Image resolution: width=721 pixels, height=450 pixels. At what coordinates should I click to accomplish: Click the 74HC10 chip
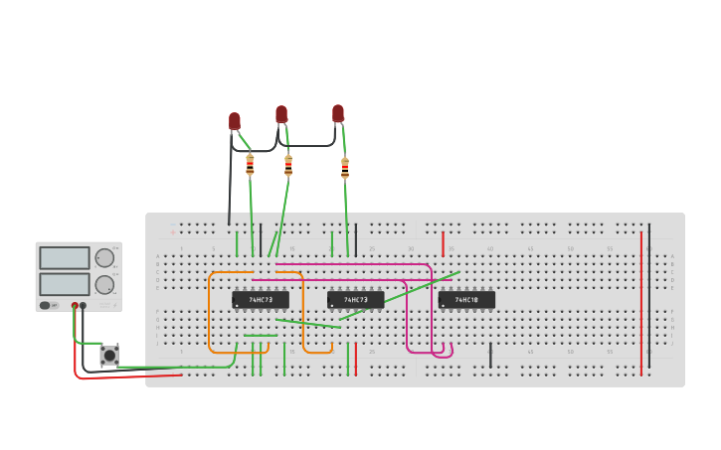[466, 299]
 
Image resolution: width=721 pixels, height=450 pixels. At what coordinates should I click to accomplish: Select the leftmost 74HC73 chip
[261, 299]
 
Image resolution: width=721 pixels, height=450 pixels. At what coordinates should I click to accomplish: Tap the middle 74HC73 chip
[355, 299]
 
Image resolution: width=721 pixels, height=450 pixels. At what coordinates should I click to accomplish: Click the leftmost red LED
[235, 121]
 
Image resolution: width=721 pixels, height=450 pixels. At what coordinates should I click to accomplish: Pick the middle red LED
[281, 114]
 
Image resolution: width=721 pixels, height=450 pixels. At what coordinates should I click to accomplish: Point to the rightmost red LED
[338, 113]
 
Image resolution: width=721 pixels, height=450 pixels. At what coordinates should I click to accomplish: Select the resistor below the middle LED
[288, 166]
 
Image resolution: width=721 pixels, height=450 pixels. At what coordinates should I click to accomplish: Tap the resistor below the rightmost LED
[345, 169]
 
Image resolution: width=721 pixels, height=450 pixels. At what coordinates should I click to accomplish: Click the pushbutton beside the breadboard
[108, 355]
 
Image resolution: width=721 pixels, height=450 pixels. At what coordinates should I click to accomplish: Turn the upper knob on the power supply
[104, 258]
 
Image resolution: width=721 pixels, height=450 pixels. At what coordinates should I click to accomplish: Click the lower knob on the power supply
[104, 285]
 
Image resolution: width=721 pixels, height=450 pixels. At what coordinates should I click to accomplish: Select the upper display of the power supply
[65, 258]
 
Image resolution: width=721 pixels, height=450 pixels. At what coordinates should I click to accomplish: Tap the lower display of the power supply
[65, 284]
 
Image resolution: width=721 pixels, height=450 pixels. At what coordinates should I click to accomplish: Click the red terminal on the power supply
[75, 306]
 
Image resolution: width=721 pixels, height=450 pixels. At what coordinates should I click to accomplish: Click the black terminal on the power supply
[83, 306]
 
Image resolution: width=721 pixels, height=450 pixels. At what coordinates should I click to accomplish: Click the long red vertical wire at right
[641, 303]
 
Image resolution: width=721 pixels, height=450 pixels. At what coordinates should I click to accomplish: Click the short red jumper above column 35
[444, 243]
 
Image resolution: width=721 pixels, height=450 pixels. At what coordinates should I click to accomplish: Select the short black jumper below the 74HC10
[490, 355]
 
